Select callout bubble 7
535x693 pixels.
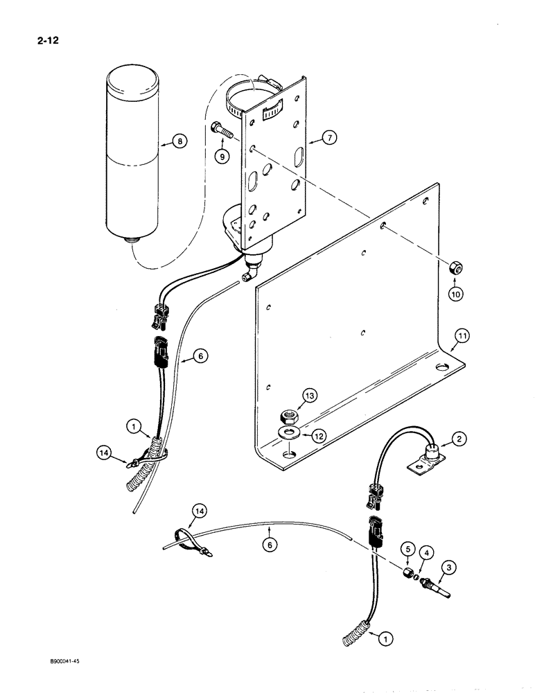click(x=328, y=139)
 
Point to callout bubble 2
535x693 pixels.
click(x=458, y=437)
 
